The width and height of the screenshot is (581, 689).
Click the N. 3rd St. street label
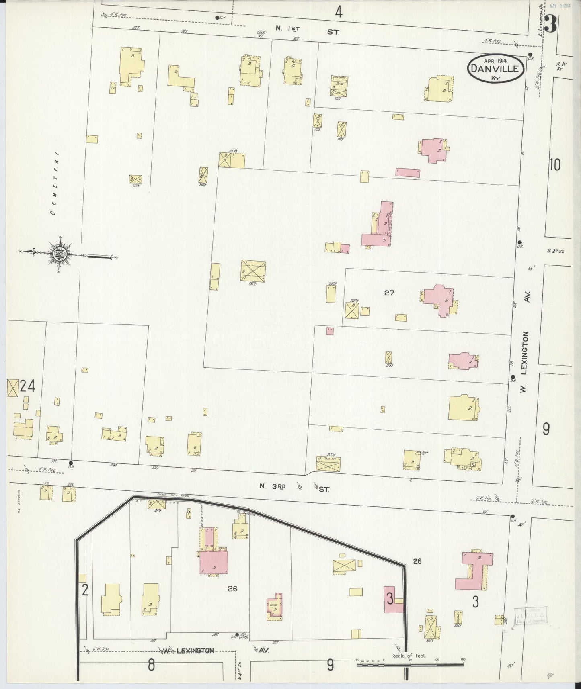point(294,486)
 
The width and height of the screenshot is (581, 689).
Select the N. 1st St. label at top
point(307,29)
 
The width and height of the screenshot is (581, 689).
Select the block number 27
point(389,293)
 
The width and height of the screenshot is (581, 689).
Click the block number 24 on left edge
point(27,387)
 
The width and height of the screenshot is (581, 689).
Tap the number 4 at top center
point(339,13)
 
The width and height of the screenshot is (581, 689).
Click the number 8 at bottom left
point(151,665)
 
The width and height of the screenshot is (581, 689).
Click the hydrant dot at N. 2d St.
point(519,242)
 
